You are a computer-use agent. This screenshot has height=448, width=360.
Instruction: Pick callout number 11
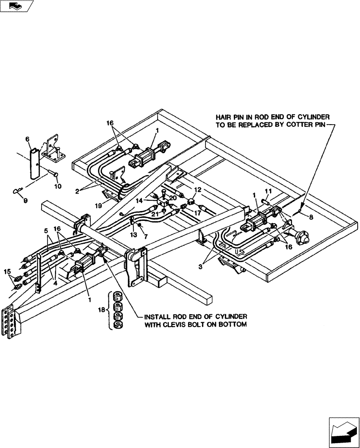(x=269, y=192)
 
